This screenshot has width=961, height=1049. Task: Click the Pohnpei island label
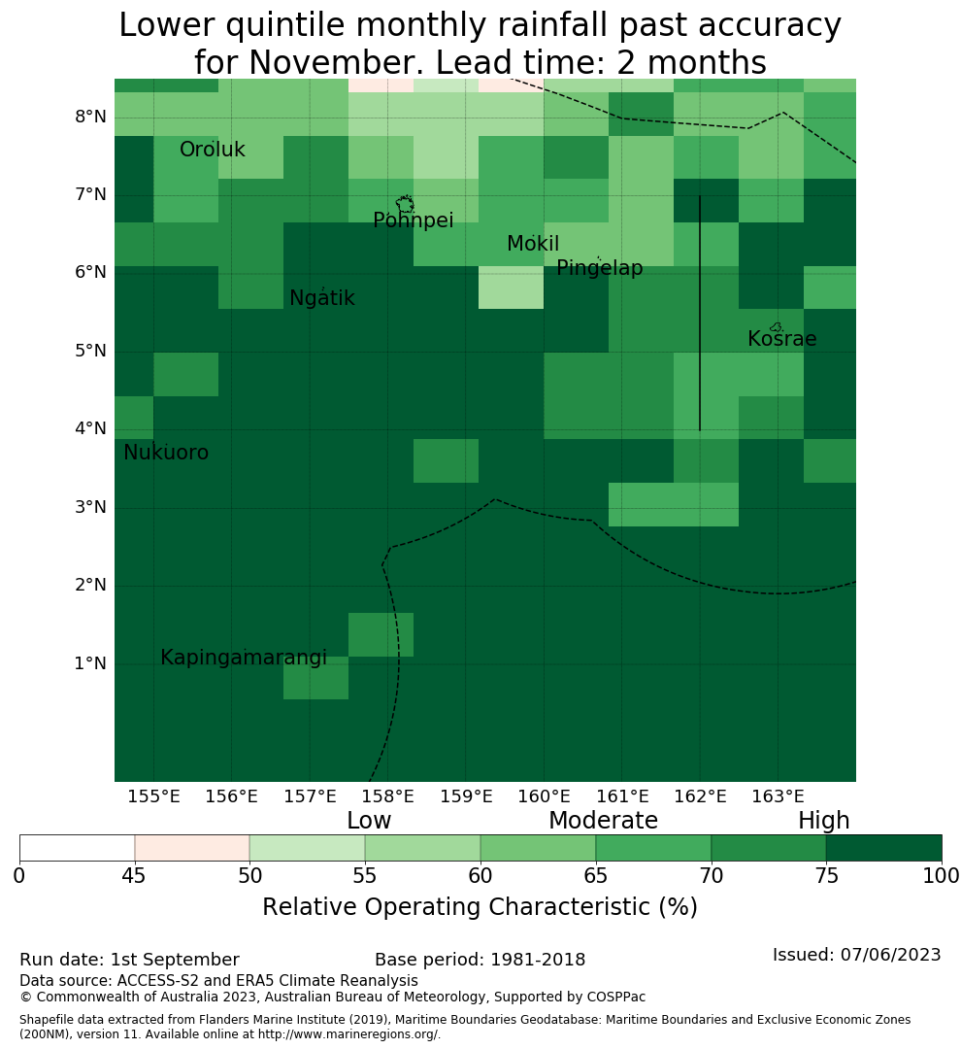[x=414, y=220]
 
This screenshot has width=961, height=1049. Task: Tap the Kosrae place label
[x=781, y=339]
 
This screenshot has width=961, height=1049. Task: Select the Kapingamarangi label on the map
[x=244, y=659]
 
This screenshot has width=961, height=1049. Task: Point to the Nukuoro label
[x=166, y=453]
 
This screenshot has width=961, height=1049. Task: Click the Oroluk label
[x=212, y=150]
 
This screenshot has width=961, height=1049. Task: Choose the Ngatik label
[x=321, y=298]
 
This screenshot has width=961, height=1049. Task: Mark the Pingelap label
[x=599, y=268]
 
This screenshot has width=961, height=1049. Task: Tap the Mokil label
[x=533, y=244]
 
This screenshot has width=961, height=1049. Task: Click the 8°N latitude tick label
[x=90, y=118]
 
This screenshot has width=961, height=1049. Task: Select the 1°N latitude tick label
[x=90, y=663]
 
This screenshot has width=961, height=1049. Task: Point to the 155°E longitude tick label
[x=153, y=796]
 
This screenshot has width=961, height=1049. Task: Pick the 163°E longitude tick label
[x=778, y=796]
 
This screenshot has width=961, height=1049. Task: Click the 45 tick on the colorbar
[x=134, y=876]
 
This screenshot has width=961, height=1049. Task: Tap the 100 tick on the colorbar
[x=941, y=876]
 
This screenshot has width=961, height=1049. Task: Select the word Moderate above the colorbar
[x=603, y=821]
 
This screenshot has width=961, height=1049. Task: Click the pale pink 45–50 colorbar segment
[x=192, y=848]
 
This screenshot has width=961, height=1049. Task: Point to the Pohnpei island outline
[x=405, y=204]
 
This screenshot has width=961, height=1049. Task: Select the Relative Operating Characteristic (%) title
[x=480, y=907]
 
